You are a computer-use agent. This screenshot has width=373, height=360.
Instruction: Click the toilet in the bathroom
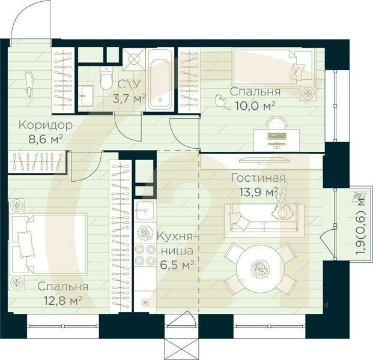coord(106,78)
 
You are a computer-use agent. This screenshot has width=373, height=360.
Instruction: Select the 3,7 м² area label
coord(129,98)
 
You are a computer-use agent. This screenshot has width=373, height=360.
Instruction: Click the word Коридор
coord(46,125)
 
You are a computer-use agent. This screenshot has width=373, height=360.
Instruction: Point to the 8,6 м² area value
coord(46,139)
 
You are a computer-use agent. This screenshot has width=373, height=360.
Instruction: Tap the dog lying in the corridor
coord(29,85)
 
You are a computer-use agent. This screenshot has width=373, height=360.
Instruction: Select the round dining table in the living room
coord(260,269)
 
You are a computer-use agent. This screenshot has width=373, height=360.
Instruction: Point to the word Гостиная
coord(259,178)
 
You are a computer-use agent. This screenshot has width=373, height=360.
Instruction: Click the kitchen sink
coord(145,210)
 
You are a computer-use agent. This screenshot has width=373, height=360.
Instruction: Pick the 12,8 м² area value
coord(63,301)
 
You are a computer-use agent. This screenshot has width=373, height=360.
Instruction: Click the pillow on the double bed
coord(25,244)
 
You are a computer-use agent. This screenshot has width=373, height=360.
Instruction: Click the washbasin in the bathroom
coord(86,95)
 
